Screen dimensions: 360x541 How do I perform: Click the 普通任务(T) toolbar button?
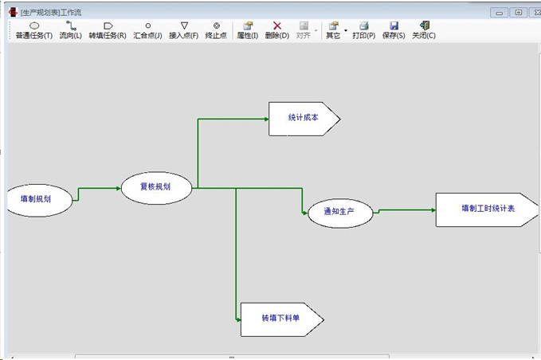[x=33, y=30]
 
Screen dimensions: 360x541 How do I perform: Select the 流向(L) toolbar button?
[x=70, y=30]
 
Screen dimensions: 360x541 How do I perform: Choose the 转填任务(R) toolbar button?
[x=108, y=30]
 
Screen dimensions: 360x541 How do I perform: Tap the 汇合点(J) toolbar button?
[x=147, y=30]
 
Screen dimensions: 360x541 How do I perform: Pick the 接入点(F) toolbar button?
[x=184, y=30]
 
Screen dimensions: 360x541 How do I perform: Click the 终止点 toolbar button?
[x=216, y=30]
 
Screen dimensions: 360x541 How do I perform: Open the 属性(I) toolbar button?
[x=247, y=30]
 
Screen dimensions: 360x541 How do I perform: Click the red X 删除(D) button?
[x=276, y=30]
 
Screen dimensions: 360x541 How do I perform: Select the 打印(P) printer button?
[x=363, y=30]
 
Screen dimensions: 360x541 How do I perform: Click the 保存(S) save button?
[x=394, y=30]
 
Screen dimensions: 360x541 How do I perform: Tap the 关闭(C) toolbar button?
[x=424, y=30]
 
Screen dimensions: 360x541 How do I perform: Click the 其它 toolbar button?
[x=332, y=30]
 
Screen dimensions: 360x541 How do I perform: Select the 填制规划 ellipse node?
[x=37, y=199]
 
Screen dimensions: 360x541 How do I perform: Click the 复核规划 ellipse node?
[x=156, y=188]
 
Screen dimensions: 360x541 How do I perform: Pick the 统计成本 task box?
[x=304, y=119]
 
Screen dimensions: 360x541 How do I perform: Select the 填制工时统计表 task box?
[x=487, y=209]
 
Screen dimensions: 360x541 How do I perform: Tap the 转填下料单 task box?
[x=281, y=319]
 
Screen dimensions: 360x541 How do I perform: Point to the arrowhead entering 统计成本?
[x=266, y=119]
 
